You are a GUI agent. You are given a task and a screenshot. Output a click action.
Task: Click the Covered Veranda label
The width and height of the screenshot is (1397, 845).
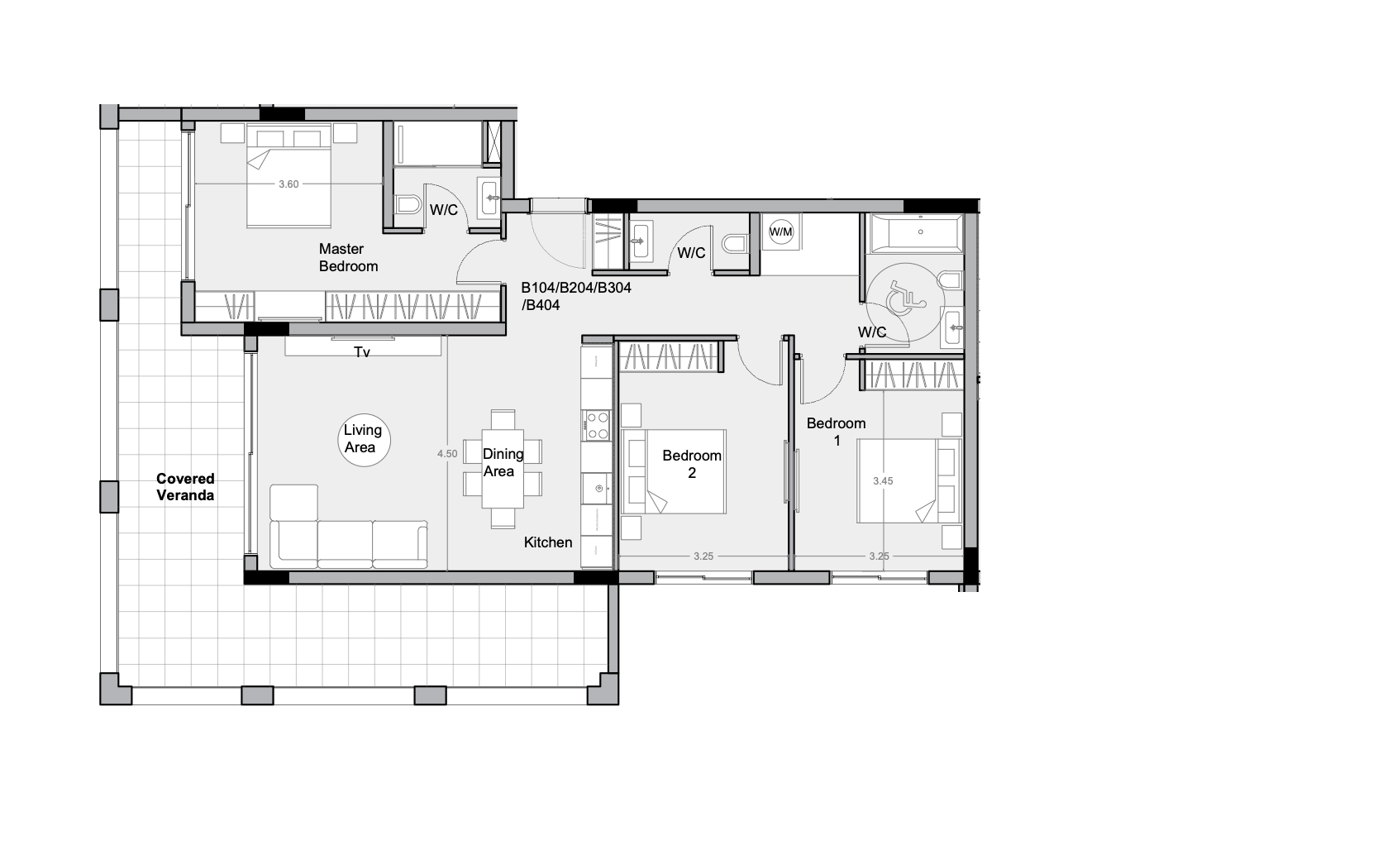[x=185, y=487]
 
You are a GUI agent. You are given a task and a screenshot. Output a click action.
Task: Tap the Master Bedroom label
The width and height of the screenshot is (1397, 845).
[x=348, y=258]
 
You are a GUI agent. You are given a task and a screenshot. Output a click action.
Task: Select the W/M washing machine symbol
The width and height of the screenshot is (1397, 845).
[x=781, y=232]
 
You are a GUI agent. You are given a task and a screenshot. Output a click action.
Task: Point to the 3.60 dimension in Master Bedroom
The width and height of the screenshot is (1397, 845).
[x=288, y=184]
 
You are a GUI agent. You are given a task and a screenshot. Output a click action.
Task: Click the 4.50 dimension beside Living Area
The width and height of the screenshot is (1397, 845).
[x=447, y=454]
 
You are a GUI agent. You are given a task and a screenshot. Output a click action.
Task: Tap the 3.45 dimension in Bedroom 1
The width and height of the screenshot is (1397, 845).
[x=883, y=481]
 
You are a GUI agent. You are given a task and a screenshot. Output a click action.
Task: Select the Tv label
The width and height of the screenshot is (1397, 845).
[x=362, y=352]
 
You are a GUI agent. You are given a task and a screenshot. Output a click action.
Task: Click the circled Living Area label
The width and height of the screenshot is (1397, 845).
[x=363, y=439]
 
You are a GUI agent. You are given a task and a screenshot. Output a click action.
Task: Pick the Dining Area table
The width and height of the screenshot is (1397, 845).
[x=503, y=469]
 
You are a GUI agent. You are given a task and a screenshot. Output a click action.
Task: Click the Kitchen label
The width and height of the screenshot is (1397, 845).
[x=547, y=542]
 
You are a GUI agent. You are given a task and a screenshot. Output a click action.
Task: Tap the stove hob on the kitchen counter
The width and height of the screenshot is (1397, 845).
[x=597, y=425]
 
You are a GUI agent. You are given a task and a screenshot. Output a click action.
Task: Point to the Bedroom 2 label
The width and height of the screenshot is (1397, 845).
[x=692, y=464]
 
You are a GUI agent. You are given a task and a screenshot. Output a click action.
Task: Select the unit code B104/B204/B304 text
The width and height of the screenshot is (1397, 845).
[x=576, y=288]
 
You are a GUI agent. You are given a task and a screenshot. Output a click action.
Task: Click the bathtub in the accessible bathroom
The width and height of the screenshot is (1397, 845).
[x=916, y=232]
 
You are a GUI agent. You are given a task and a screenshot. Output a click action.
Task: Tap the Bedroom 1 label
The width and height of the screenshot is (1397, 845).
[x=837, y=432]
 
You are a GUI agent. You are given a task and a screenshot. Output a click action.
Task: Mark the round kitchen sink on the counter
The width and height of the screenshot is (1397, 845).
[x=598, y=489]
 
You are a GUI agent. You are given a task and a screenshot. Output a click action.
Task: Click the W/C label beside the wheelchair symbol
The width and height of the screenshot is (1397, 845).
[x=872, y=332]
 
